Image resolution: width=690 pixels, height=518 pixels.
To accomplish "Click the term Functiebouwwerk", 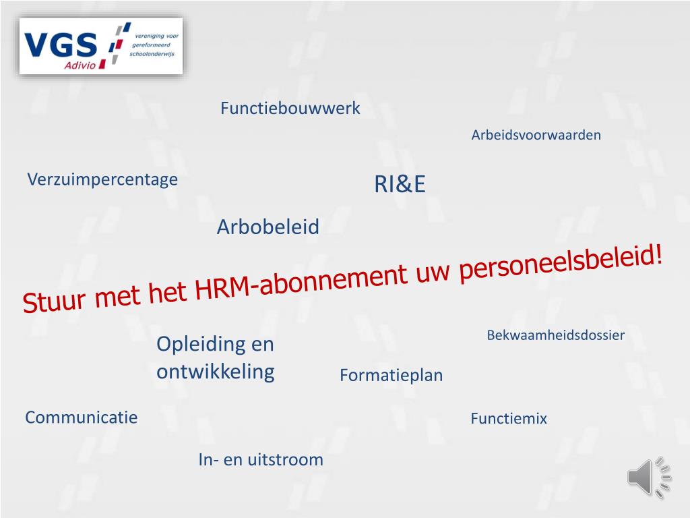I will [x=290, y=108].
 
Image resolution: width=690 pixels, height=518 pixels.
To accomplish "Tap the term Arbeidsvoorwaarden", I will [x=536, y=135].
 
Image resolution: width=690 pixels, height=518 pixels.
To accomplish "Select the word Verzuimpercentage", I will [x=102, y=179].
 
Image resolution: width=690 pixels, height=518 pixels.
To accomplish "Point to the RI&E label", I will [x=400, y=185].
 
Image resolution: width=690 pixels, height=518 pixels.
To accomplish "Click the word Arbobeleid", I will [x=268, y=227].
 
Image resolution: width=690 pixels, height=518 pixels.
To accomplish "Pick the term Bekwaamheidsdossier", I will [x=556, y=335].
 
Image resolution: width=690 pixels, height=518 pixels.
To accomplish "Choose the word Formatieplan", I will [x=391, y=375].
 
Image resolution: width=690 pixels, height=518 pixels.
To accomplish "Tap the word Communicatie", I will [x=81, y=418].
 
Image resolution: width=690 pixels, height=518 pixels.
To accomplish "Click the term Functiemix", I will [x=509, y=419].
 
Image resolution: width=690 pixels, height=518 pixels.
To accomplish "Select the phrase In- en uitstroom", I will [x=261, y=460].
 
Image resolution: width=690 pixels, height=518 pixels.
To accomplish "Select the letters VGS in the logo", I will [x=61, y=45].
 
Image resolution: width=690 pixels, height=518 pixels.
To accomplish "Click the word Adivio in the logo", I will [x=82, y=64].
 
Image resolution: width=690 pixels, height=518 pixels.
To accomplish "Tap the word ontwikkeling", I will [x=216, y=372].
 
